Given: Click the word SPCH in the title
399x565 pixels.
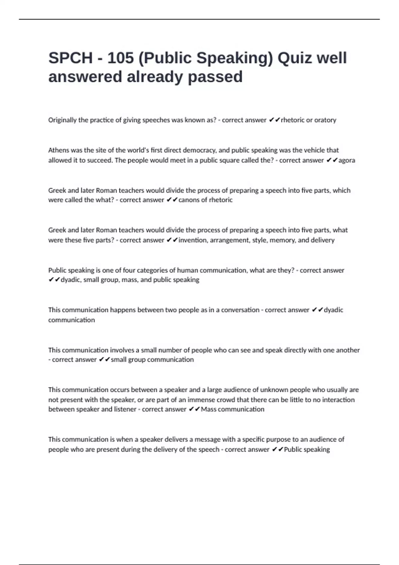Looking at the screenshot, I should [70, 58].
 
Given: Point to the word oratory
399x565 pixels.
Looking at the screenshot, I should [325, 120].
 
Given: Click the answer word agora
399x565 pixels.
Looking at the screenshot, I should [347, 160].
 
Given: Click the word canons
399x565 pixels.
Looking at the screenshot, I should [189, 200].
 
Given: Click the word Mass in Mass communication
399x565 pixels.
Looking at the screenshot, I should [208, 409].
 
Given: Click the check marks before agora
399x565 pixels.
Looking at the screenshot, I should [332, 160].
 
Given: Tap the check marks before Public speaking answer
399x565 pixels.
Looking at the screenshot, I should [277, 449].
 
